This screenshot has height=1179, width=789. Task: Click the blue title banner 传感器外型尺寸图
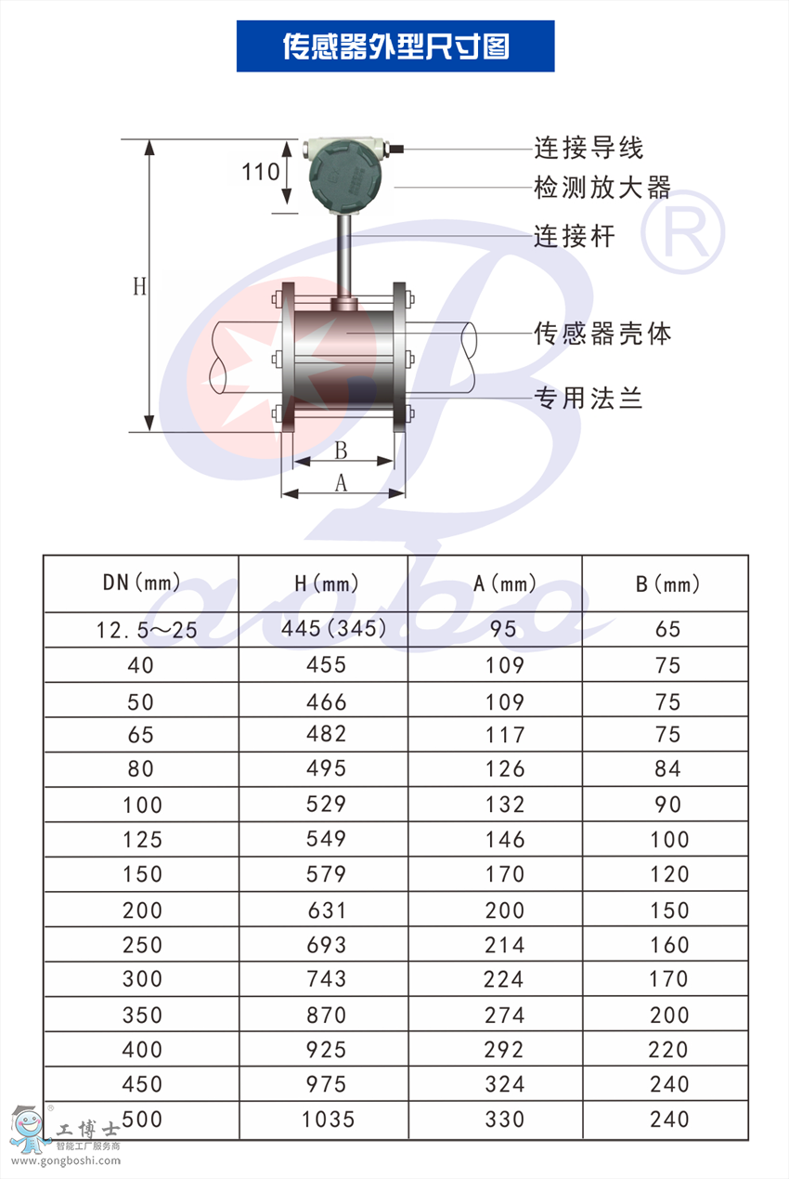click(x=395, y=46)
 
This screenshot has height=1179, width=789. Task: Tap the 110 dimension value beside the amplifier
click(x=260, y=172)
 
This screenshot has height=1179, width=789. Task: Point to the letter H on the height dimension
click(x=139, y=287)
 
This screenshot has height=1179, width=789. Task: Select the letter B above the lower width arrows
click(x=341, y=451)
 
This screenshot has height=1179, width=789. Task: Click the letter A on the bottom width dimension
click(x=341, y=482)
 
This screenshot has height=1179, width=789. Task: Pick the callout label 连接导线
click(x=589, y=148)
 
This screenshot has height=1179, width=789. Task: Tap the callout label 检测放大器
click(x=602, y=188)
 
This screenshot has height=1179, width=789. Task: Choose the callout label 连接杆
click(x=575, y=236)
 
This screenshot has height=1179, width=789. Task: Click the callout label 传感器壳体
click(x=602, y=334)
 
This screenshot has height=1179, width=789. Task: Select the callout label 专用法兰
click(x=589, y=398)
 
